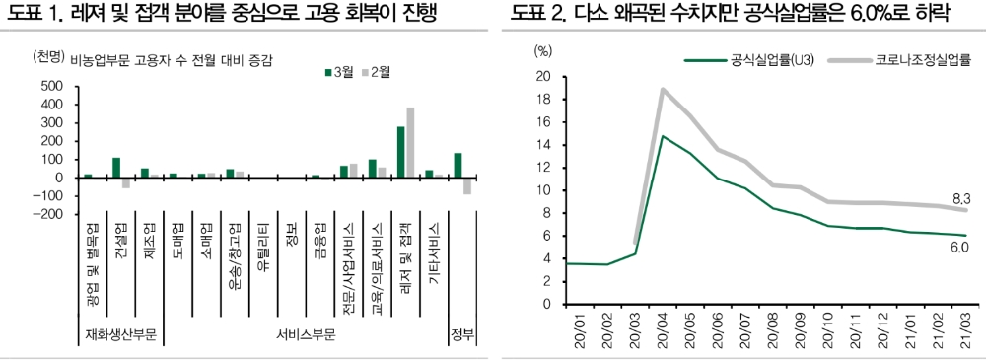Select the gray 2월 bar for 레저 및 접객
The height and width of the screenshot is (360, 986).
[x=410, y=143]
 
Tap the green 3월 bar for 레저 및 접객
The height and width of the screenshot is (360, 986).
[x=401, y=152]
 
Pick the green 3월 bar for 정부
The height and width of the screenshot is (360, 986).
[x=458, y=166]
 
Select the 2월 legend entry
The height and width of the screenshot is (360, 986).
[x=377, y=72]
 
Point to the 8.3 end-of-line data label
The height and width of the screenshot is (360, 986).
[x=960, y=198]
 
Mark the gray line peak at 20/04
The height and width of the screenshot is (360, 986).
[x=663, y=89]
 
